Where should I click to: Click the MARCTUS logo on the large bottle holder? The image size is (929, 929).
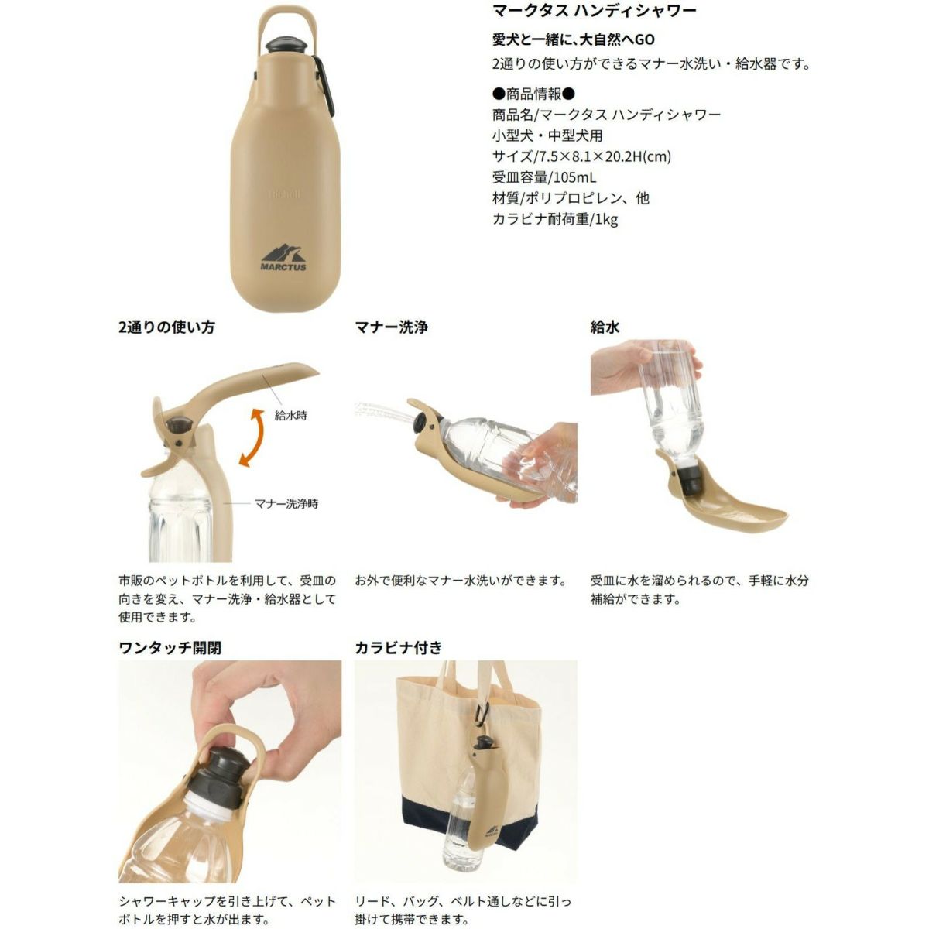coord(283,258)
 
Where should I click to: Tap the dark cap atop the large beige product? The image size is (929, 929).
coord(286,44)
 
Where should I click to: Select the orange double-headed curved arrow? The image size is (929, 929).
coord(252,437)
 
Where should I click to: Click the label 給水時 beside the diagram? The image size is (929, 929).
coord(291,415)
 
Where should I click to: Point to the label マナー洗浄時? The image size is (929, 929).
coord(286,504)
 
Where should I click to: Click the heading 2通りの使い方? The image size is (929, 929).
coord(166,327)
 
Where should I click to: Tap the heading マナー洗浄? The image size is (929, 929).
coord(391,327)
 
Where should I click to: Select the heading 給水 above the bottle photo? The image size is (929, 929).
coord(605,327)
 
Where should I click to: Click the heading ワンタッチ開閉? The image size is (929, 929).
coord(170,647)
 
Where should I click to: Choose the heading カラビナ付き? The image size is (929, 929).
coord(398,647)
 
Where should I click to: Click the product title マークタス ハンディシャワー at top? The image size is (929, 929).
coord(595,11)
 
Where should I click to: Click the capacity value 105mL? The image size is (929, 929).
coord(574,177)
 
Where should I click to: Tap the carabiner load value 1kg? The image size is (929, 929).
coord(606,219)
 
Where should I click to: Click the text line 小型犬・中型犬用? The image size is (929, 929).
coord(547,135)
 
